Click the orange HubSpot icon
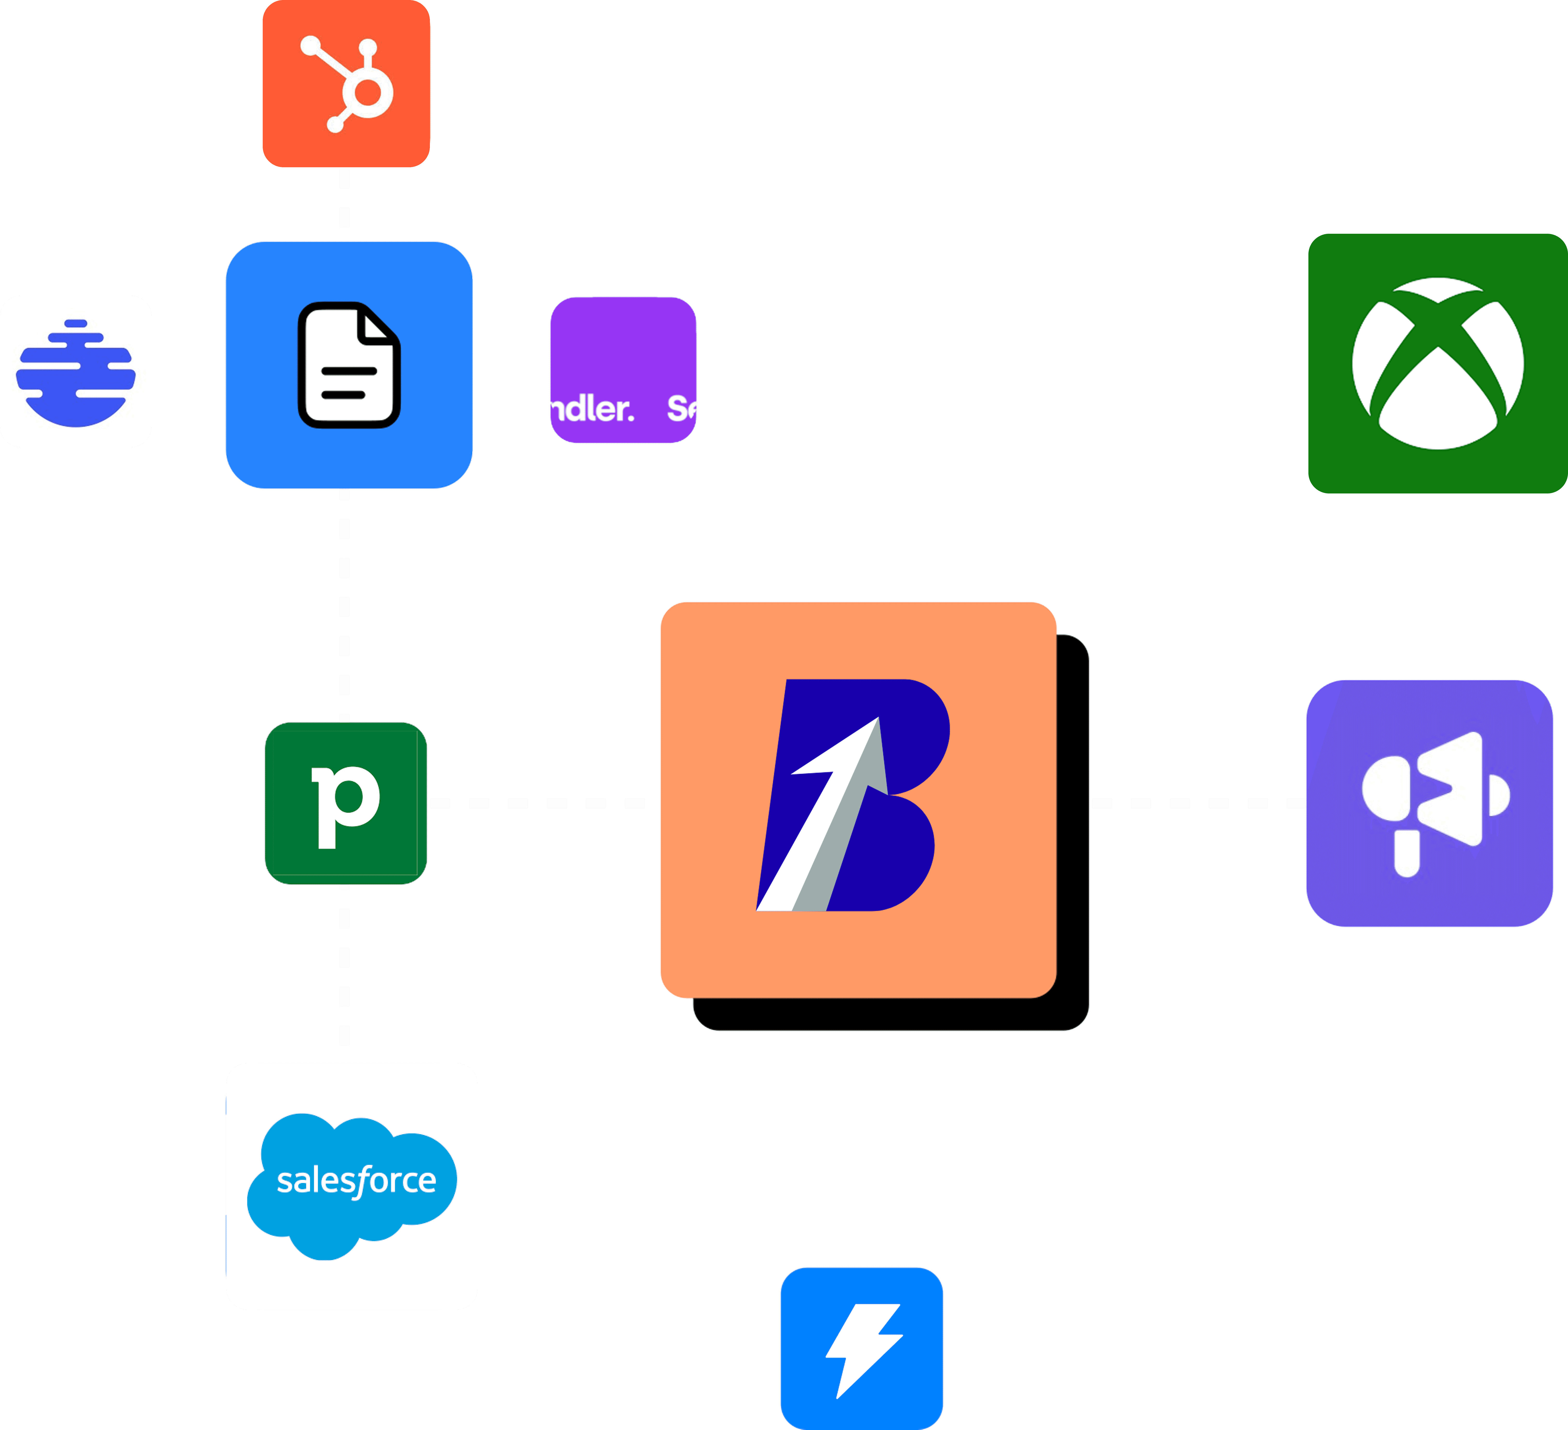[x=346, y=83]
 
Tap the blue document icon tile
[x=348, y=365]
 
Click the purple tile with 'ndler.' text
[x=623, y=370]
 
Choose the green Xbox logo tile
[x=1437, y=363]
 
